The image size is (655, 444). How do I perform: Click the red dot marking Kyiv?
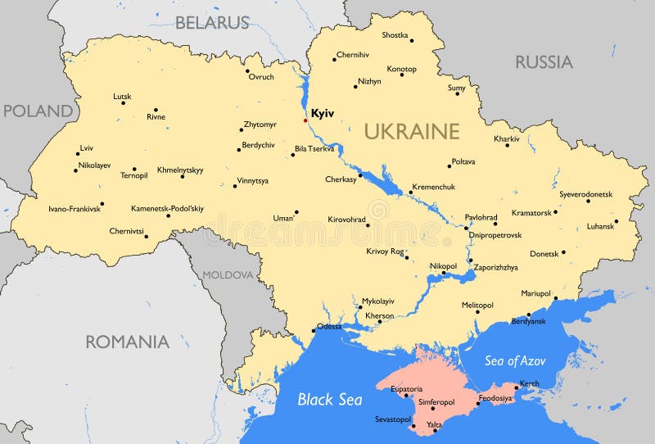pyautogui.click(x=306, y=120)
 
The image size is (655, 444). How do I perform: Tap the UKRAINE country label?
pyautogui.click(x=412, y=131)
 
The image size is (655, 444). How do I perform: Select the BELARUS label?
pyautogui.click(x=212, y=23)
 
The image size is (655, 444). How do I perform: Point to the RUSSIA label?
pyautogui.click(x=544, y=61)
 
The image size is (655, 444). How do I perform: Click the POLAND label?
pyautogui.click(x=37, y=111)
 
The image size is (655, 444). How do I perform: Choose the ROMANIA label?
pyautogui.click(x=128, y=342)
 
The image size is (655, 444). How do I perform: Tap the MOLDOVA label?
pyautogui.click(x=228, y=275)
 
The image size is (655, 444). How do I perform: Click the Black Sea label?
pyautogui.click(x=327, y=400)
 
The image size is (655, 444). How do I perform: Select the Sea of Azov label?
pyautogui.click(x=515, y=360)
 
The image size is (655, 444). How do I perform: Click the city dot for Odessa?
pyautogui.click(x=314, y=331)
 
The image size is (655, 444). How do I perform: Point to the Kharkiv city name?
pyautogui.click(x=507, y=138)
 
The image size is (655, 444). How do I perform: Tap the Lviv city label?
pyautogui.click(x=86, y=148)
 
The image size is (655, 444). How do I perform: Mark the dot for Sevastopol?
pyautogui.click(x=413, y=426)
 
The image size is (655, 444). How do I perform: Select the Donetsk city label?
pyautogui.click(x=544, y=254)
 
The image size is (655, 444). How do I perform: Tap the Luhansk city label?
pyautogui.click(x=600, y=226)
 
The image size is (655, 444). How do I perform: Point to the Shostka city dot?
pyautogui.click(x=411, y=40)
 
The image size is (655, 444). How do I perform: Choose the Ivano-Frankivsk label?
pyautogui.click(x=75, y=209)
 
